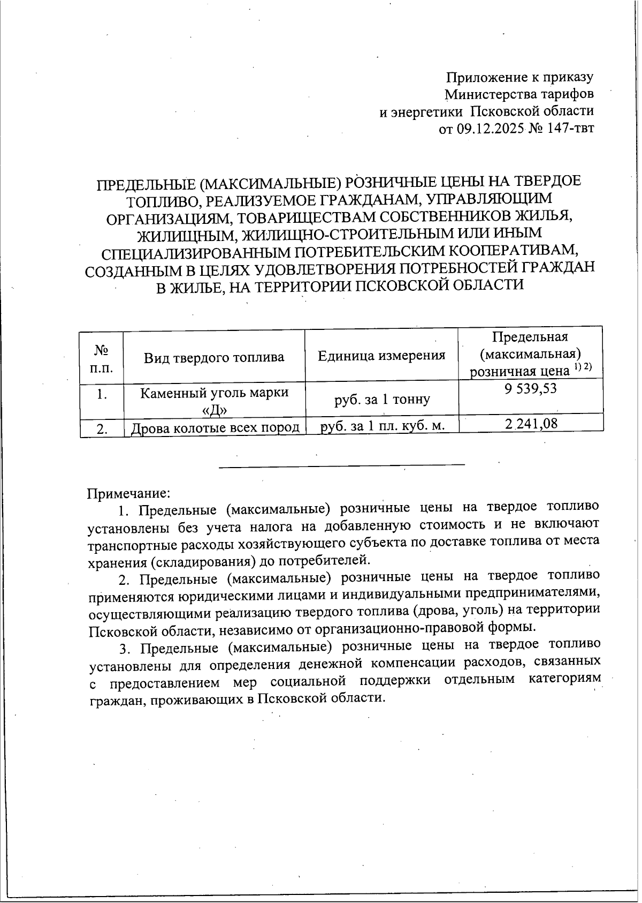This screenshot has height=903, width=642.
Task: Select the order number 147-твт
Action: point(571,129)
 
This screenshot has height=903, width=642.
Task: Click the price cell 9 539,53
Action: point(530,389)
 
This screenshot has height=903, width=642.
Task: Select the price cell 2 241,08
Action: point(531,424)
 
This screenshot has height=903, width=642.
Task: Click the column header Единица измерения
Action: point(381,356)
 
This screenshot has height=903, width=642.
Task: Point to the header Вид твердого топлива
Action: point(214,357)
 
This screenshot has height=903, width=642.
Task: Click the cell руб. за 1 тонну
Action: point(381,399)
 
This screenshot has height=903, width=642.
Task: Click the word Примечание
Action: point(128,492)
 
